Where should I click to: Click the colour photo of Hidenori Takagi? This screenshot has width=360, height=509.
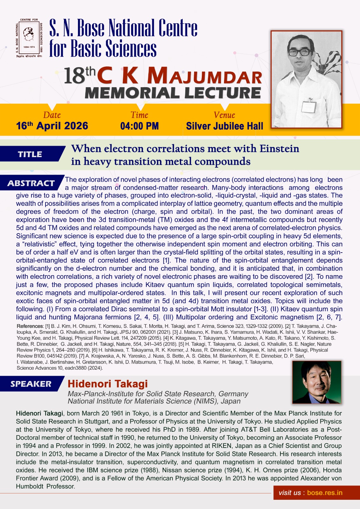316,382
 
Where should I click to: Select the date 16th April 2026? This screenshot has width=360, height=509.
52,126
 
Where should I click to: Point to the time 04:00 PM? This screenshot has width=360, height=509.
139,126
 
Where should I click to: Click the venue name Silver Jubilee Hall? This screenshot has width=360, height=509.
224,126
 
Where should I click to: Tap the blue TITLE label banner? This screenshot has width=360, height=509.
31,154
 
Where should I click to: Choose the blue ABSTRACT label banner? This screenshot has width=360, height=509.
31,183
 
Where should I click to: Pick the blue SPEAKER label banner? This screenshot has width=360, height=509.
31,384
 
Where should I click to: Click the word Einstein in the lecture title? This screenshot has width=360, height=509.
279,149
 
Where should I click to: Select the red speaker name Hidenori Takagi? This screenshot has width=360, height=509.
108,384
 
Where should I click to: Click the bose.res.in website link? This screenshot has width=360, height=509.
325,493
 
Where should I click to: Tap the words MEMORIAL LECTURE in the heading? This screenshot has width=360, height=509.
173,93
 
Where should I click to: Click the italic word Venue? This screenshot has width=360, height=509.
224,115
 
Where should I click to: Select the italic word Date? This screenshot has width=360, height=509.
52,115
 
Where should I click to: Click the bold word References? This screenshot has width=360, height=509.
30,326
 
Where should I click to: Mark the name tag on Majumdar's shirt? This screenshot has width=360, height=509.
309,105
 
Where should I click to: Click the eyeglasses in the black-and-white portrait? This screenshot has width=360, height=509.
300,52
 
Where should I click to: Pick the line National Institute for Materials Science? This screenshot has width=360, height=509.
154,401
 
